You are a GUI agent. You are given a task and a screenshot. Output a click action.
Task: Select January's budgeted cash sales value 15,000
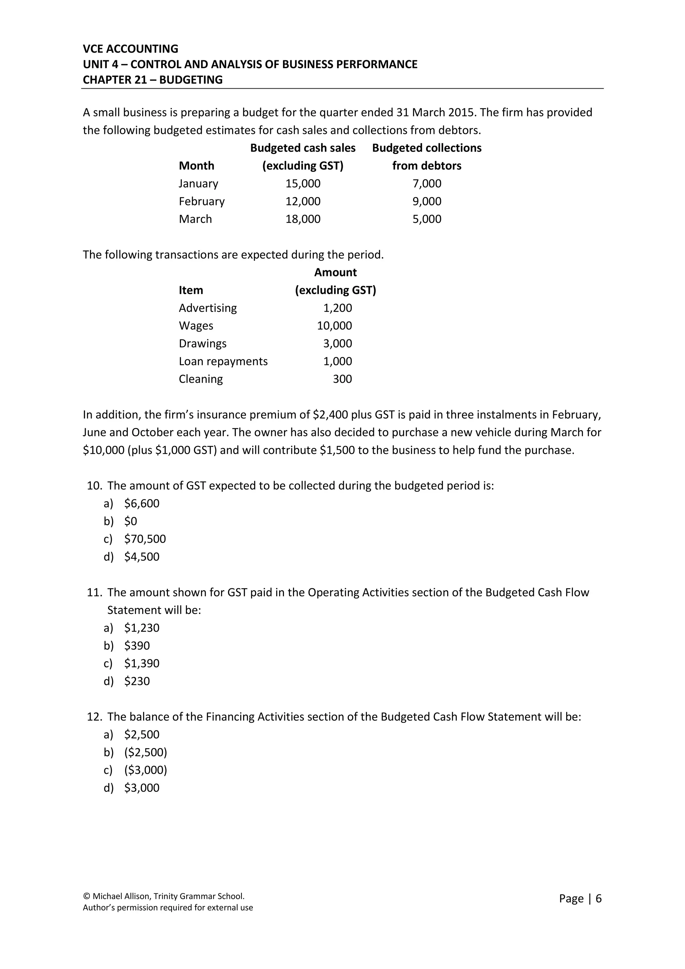(x=303, y=184)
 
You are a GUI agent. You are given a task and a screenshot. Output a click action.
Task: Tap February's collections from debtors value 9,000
(x=426, y=201)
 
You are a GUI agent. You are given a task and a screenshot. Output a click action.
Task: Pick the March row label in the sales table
(x=195, y=219)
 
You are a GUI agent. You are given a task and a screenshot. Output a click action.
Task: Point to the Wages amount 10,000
(x=334, y=326)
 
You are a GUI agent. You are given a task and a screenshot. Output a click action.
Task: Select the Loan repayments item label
(x=223, y=361)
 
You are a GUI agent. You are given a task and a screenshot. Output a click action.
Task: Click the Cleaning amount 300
(x=342, y=379)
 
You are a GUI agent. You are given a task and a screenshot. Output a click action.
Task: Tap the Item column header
(x=191, y=290)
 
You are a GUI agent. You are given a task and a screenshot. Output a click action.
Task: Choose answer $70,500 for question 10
(x=145, y=539)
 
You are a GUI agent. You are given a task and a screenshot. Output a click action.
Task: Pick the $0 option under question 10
(x=130, y=521)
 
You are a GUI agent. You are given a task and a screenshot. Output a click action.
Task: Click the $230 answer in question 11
(x=137, y=681)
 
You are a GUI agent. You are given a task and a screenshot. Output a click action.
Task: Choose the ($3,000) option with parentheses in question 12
(x=145, y=770)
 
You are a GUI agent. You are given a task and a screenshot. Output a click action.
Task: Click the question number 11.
(x=94, y=593)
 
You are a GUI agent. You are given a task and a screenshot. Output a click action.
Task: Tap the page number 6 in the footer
(x=598, y=898)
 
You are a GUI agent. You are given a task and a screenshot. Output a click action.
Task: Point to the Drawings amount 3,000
(x=337, y=344)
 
